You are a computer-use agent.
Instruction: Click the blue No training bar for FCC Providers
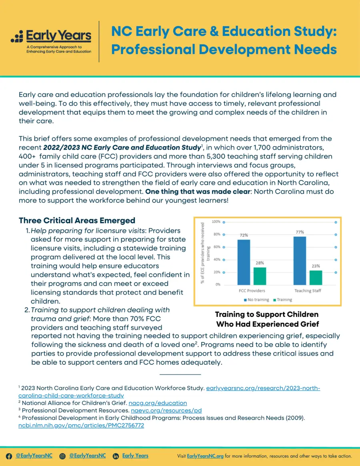tap(244, 262)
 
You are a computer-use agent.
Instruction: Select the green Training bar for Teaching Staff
tap(316, 277)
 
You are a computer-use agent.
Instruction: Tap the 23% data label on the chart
tap(316, 266)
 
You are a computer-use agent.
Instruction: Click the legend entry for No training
tap(256, 300)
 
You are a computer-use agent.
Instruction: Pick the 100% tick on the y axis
tap(216, 222)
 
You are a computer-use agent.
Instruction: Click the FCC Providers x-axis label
tap(252, 291)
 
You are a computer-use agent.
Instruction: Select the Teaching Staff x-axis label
tap(308, 291)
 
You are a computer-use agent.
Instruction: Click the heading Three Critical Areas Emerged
tap(77, 221)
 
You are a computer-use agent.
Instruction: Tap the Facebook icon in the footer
tap(9, 456)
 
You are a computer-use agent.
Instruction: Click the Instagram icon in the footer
tap(62, 456)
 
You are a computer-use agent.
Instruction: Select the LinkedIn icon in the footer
tap(116, 456)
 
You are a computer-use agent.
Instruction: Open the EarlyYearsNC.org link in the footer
tap(205, 456)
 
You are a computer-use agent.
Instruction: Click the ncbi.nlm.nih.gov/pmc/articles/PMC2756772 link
tap(81, 426)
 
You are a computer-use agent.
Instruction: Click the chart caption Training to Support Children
tap(266, 314)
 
